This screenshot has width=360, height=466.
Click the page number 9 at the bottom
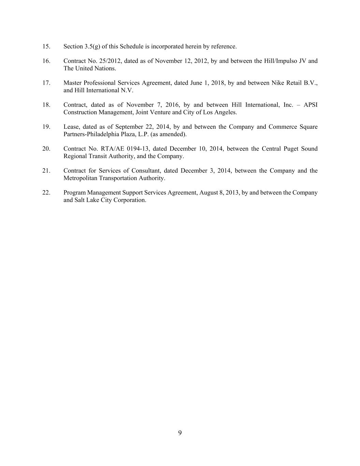(x=180, y=433)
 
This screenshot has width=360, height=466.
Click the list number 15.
(x=46, y=46)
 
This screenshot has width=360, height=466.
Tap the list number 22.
(x=46, y=193)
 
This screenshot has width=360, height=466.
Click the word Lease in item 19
(x=71, y=127)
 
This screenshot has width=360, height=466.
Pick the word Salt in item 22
(x=79, y=200)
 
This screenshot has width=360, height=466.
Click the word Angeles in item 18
(x=227, y=112)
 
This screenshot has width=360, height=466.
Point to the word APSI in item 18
(x=311, y=105)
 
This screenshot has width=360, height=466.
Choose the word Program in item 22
(x=74, y=193)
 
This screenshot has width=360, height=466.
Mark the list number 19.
(x=46, y=127)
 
